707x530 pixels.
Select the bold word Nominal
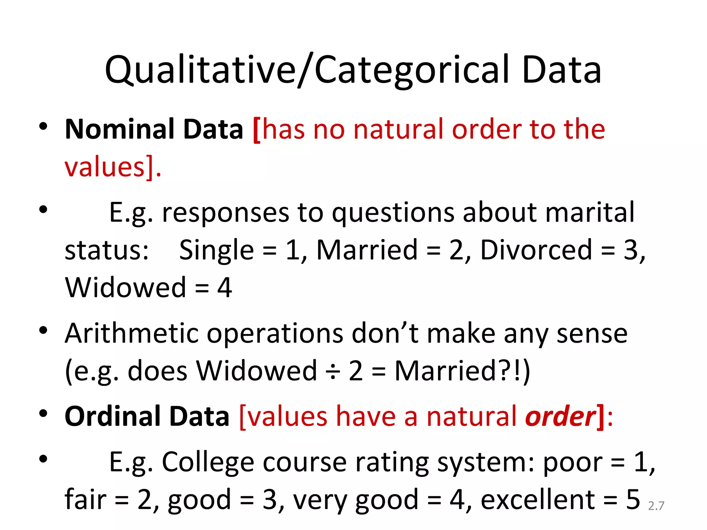point(119,129)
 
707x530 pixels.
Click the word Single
point(216,250)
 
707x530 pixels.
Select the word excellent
point(538,500)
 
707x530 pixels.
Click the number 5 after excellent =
point(633,500)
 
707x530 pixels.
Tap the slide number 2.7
point(656,506)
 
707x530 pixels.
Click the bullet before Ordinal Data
point(43,413)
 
